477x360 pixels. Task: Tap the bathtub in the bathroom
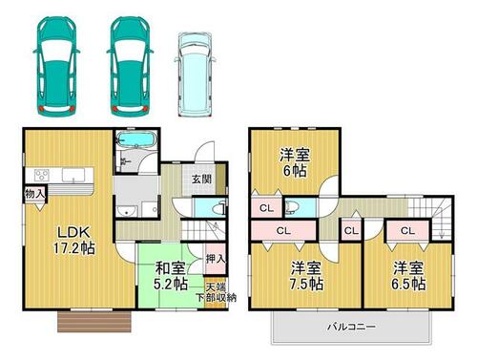[135, 139]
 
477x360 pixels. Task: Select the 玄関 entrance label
[201, 179]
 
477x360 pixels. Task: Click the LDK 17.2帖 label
[74, 240]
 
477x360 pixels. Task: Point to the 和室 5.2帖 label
[170, 276]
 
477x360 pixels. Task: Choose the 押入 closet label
[216, 259]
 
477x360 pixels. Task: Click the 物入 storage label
[35, 194]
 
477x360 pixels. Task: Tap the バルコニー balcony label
[352, 327]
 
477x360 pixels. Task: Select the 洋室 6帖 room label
[295, 162]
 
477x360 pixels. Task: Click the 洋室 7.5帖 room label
[306, 276]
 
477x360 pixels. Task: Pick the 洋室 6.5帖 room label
[408, 276]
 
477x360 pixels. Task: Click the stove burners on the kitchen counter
[42, 176]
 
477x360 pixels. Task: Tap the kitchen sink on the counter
[73, 175]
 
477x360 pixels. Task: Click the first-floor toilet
[219, 208]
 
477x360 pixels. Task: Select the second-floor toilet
[291, 207]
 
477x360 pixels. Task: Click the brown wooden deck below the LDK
[94, 322]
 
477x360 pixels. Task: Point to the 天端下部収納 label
[216, 292]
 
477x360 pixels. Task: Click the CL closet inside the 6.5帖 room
[407, 230]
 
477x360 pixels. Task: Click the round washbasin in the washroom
[127, 211]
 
